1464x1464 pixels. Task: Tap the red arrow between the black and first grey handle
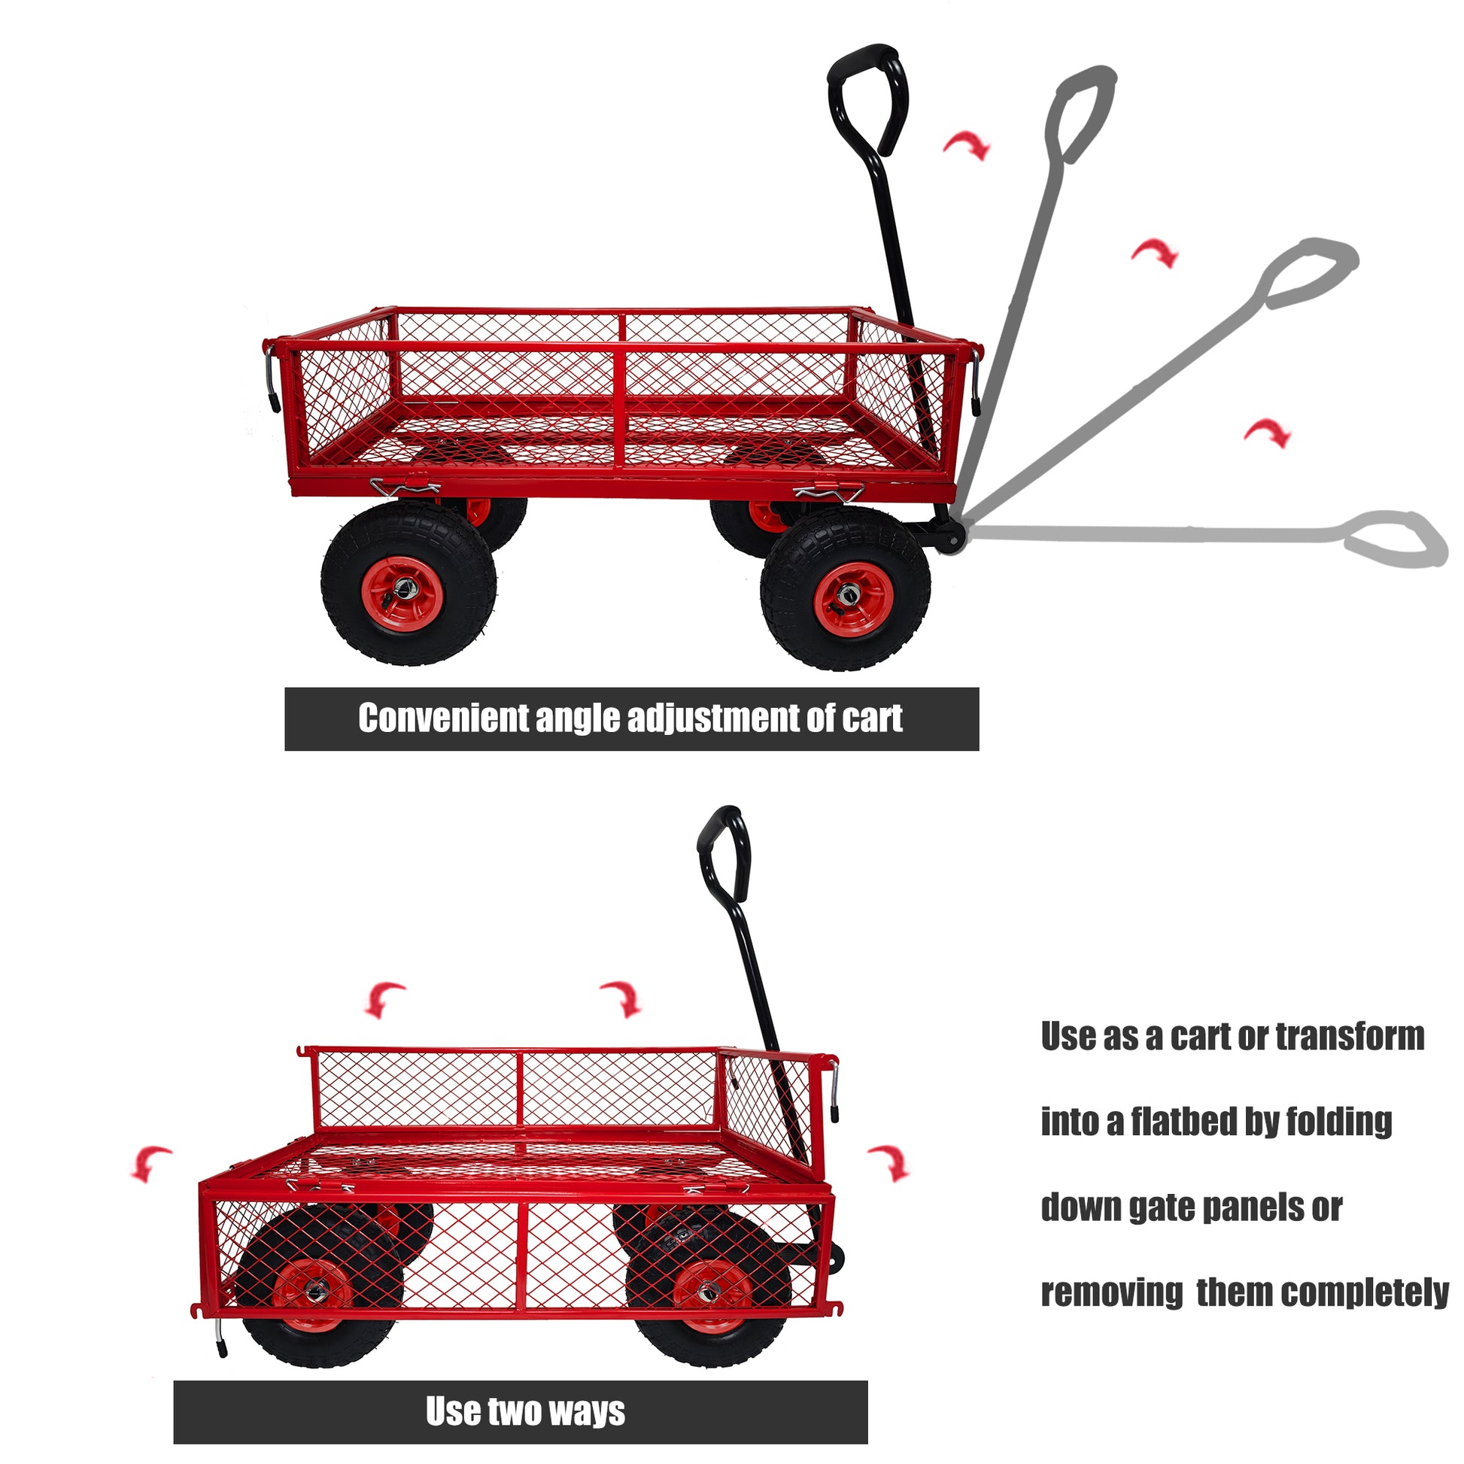pos(967,144)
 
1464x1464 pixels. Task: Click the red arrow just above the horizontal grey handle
pos(1267,433)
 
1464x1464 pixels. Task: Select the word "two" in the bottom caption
pos(515,1411)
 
